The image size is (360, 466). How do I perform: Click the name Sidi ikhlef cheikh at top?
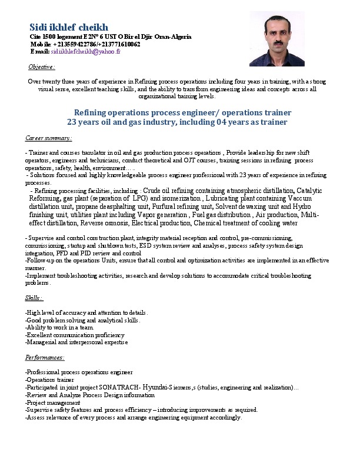coord(69,26)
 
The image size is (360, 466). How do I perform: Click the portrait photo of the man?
coord(276,39)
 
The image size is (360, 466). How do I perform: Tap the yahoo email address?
coord(85,52)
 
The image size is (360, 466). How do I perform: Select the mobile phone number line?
coord(85,44)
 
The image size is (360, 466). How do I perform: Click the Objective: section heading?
coord(42,67)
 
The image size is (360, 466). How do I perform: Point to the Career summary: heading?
coord(49,138)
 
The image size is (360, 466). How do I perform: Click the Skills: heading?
coord(34,298)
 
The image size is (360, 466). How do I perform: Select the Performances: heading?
coord(45,358)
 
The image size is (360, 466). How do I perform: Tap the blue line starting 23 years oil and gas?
coord(177,122)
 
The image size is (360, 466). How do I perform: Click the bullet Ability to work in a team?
coord(59,328)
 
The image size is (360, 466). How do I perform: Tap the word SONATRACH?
coord(118,388)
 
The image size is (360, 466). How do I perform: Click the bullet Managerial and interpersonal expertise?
coord(77,342)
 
